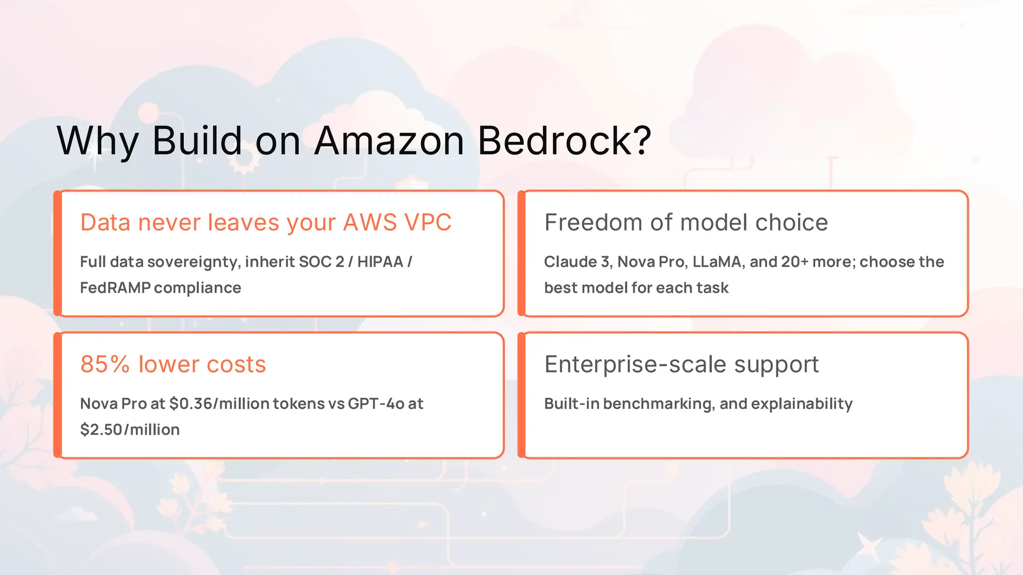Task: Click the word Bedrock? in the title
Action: coord(564,141)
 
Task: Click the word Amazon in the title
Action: coord(390,141)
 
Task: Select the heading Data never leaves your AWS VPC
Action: coord(266,223)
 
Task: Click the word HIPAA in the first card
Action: coord(380,262)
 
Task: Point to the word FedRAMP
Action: coord(115,288)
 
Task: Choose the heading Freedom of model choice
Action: coord(686,223)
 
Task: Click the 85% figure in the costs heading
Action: coord(105,364)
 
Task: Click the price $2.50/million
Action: coord(130,430)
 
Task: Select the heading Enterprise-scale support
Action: coord(681,364)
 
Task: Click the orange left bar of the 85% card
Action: coord(58,395)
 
